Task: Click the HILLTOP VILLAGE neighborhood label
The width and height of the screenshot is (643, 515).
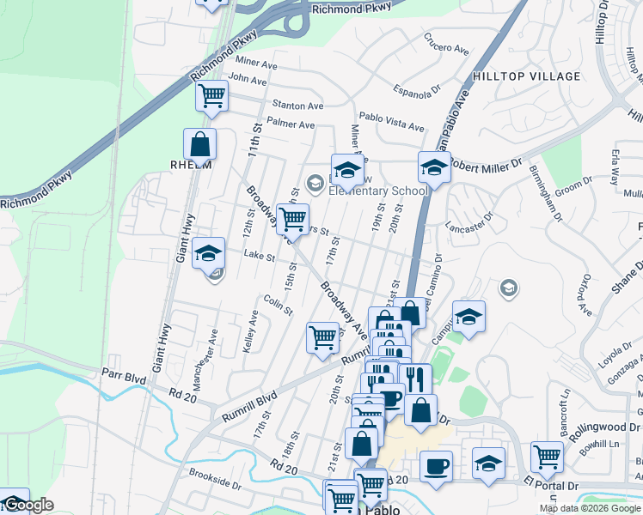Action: click(526, 76)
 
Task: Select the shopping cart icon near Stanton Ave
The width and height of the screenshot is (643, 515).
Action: click(211, 95)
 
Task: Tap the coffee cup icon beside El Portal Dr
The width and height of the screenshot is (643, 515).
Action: click(436, 466)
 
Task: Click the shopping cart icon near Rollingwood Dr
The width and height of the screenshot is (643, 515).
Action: click(547, 457)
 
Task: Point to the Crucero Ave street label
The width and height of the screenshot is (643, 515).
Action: click(446, 45)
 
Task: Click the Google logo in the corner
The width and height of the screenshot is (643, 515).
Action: click(27, 505)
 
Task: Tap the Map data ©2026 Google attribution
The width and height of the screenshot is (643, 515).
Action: click(589, 508)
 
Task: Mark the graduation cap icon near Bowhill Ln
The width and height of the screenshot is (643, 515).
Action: click(488, 463)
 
